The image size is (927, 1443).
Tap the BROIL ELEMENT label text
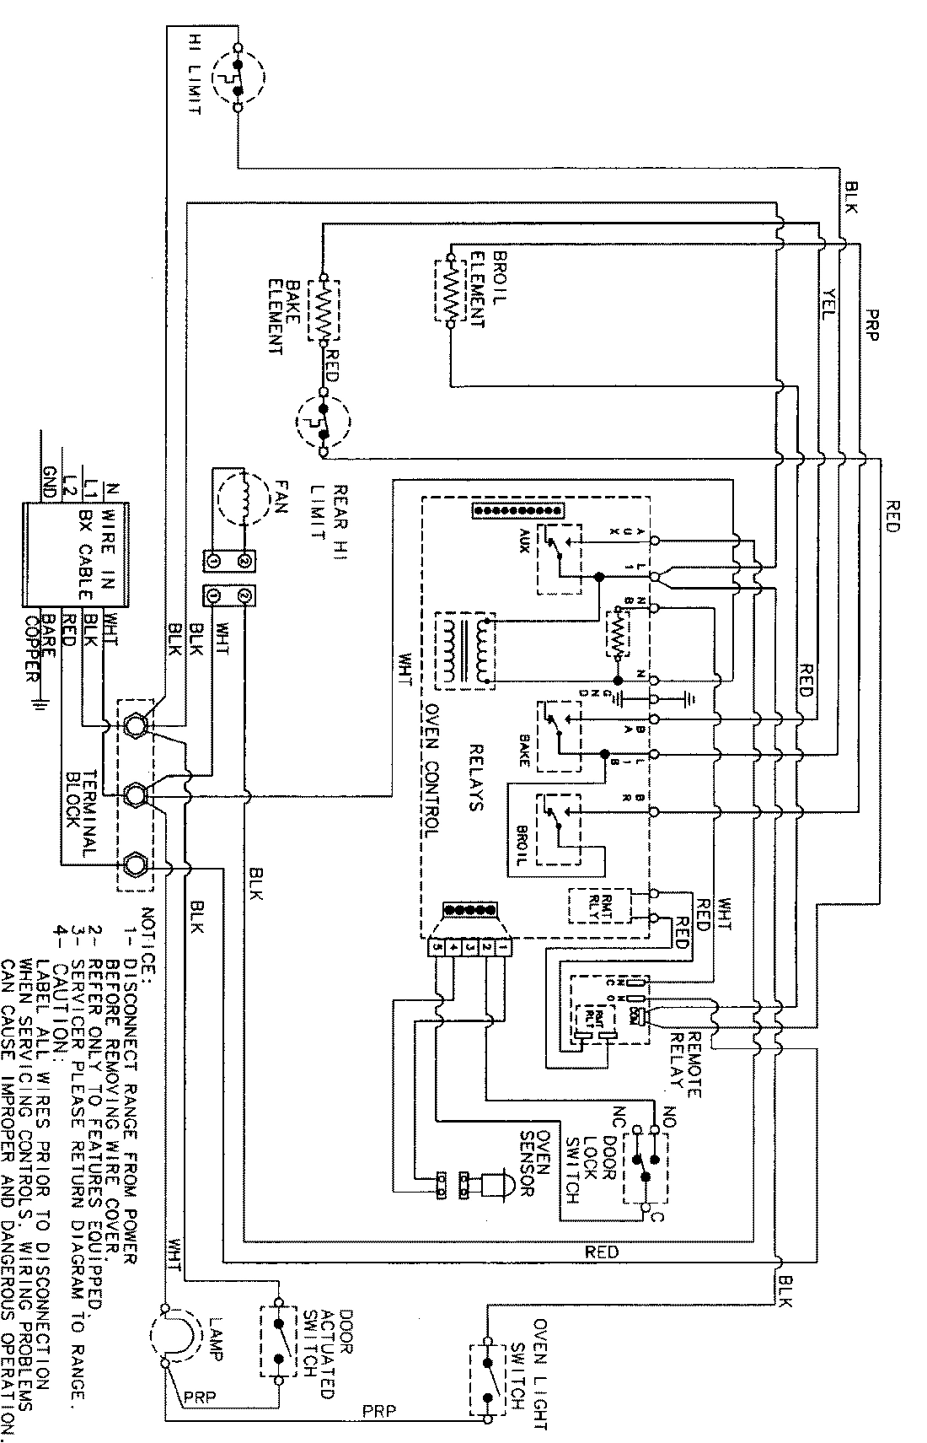tap(477, 288)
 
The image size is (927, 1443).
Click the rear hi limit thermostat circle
tap(323, 423)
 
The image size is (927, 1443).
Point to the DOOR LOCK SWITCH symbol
tap(646, 1167)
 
